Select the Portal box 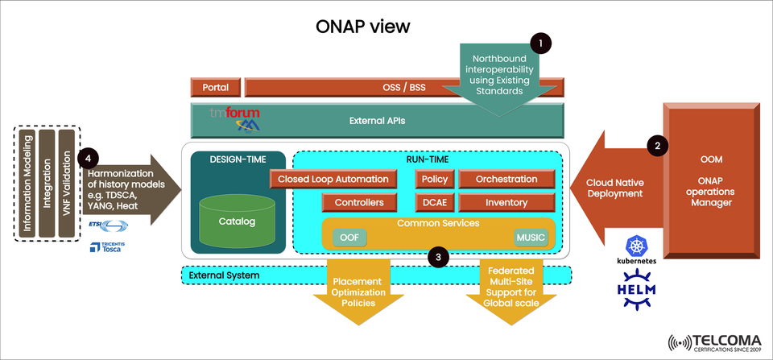[215, 87]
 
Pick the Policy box [435, 180]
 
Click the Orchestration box [506, 180]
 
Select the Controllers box [364, 202]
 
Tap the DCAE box [435, 202]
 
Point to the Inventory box [506, 202]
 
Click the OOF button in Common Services [349, 238]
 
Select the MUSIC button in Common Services [530, 238]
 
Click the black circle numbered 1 [541, 42]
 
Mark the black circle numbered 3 [437, 258]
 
